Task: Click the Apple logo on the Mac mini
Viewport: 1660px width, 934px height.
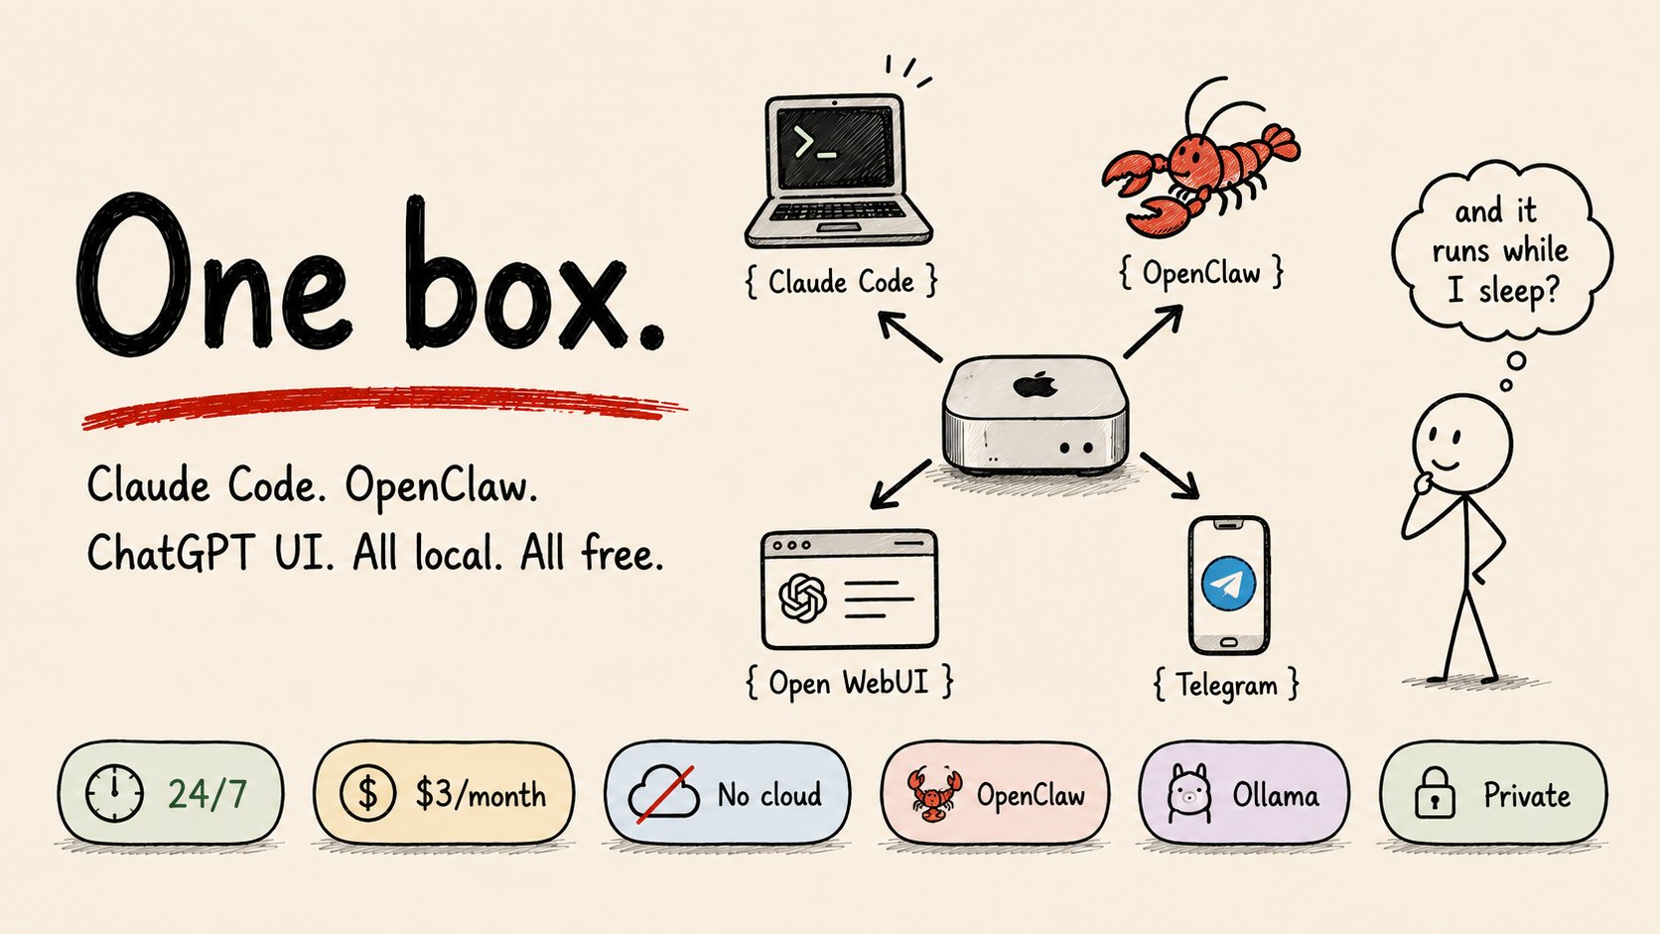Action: [x=1035, y=384]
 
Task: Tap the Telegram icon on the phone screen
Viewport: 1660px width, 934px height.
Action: [x=1228, y=584]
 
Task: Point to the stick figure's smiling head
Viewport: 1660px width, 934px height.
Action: [x=1461, y=443]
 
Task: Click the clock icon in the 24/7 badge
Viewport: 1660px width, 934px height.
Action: [x=114, y=793]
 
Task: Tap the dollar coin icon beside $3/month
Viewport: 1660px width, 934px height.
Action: [x=367, y=793]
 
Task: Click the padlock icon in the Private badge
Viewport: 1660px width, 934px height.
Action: [x=1435, y=792]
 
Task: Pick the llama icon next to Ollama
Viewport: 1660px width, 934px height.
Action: [x=1189, y=794]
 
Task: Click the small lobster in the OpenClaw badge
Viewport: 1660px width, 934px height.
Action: [x=935, y=794]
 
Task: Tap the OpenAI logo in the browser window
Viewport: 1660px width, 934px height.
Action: [x=802, y=598]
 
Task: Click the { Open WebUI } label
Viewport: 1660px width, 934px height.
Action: [x=849, y=682]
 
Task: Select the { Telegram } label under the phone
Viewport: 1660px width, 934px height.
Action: [x=1226, y=685]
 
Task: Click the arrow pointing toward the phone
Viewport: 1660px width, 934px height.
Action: [x=1169, y=475]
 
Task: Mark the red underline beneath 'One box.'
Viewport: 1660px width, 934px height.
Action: [x=383, y=407]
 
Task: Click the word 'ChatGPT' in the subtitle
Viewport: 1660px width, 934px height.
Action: [x=171, y=553]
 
